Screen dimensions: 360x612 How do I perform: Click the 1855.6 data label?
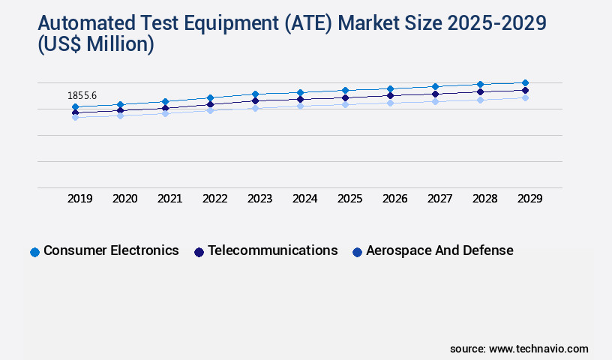pyautogui.click(x=82, y=96)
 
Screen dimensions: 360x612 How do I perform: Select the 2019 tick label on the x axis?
pyautogui.click(x=80, y=199)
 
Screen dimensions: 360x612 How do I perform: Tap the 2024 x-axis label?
pyautogui.click(x=305, y=199)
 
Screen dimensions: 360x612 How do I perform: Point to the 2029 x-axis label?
pyautogui.click(x=530, y=199)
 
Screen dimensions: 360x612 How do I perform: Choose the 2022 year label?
pyautogui.click(x=215, y=199)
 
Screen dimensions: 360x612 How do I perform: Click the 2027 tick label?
pyautogui.click(x=440, y=199)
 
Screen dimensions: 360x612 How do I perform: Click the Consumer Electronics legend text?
pyautogui.click(x=111, y=250)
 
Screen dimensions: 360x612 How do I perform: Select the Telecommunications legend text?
pyautogui.click(x=273, y=250)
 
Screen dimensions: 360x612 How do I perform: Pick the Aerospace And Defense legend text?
pyautogui.click(x=439, y=250)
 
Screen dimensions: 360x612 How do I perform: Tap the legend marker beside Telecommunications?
pyautogui.click(x=199, y=252)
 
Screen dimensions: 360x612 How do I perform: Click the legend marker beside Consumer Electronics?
pyautogui.click(x=34, y=252)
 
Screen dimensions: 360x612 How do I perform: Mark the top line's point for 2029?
pyautogui.click(x=525, y=82)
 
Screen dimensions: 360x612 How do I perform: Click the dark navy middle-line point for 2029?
pyautogui.click(x=525, y=90)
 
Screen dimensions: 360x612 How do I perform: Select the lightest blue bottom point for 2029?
pyautogui.click(x=525, y=97)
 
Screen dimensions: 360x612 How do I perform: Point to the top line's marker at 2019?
pyautogui.click(x=75, y=107)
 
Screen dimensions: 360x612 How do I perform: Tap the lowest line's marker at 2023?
pyautogui.click(x=255, y=108)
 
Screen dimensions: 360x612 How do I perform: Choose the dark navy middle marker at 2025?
pyautogui.click(x=345, y=97)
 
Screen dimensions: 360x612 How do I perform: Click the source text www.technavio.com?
pyautogui.click(x=538, y=349)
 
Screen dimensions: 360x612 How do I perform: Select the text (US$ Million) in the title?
pyautogui.click(x=95, y=45)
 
